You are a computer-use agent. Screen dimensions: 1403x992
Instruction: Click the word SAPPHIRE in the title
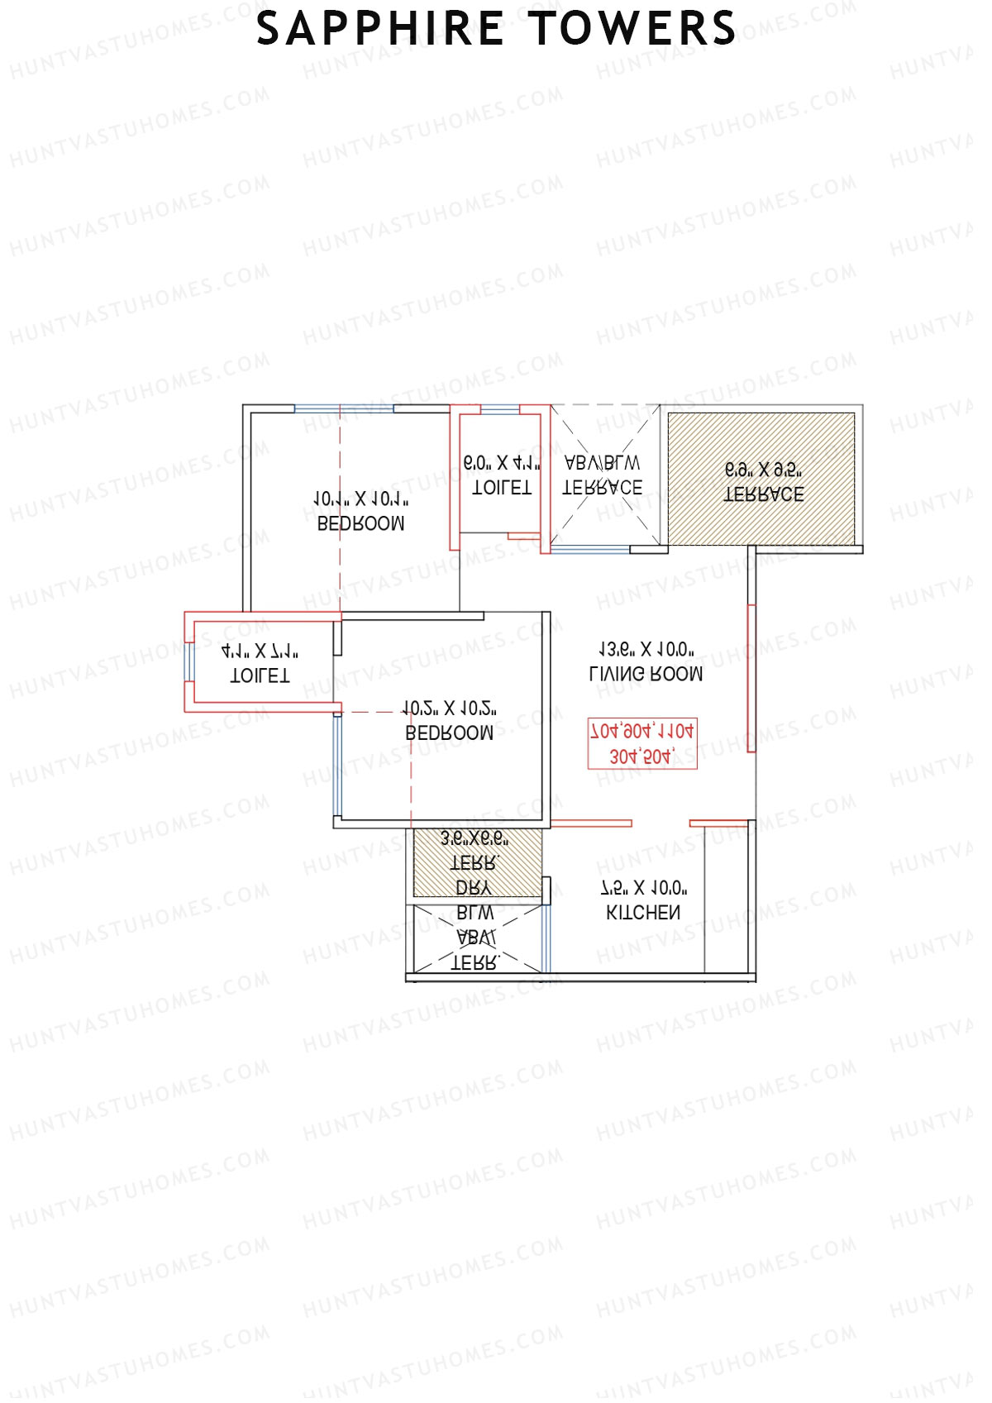tap(381, 29)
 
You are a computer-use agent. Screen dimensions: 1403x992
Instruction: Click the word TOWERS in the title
tap(632, 29)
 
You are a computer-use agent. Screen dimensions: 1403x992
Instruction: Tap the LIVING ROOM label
tap(646, 674)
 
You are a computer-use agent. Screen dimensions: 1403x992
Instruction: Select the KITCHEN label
tap(644, 913)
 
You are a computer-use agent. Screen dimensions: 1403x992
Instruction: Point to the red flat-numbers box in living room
tap(642, 743)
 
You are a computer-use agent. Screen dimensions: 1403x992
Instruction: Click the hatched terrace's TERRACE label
tap(764, 494)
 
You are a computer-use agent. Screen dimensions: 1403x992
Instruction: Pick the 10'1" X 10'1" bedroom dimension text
tap(361, 499)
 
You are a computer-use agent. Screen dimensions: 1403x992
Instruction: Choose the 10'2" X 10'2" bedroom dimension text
tap(450, 709)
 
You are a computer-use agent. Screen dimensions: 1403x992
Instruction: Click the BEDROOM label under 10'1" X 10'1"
tap(361, 523)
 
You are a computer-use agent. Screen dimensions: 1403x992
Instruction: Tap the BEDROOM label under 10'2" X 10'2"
tap(450, 733)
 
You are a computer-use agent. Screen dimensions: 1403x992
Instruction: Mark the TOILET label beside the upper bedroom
tap(501, 488)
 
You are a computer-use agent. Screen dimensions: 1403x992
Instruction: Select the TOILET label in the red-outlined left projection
tap(260, 675)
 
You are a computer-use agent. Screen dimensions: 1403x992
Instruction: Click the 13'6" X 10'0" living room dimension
tap(646, 650)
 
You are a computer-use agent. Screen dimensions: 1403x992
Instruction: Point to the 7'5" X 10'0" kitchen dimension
tap(644, 889)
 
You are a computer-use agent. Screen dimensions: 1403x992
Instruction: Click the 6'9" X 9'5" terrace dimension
tap(764, 470)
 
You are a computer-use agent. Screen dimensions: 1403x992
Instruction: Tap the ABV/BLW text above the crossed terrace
tap(602, 463)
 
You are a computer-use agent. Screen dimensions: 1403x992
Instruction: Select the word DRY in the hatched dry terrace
tap(474, 888)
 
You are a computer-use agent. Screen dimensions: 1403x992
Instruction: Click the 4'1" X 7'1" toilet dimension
tap(260, 651)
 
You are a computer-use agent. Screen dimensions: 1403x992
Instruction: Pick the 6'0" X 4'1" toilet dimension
tap(501, 464)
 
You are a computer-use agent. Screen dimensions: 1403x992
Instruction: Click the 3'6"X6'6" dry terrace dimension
tap(475, 839)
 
